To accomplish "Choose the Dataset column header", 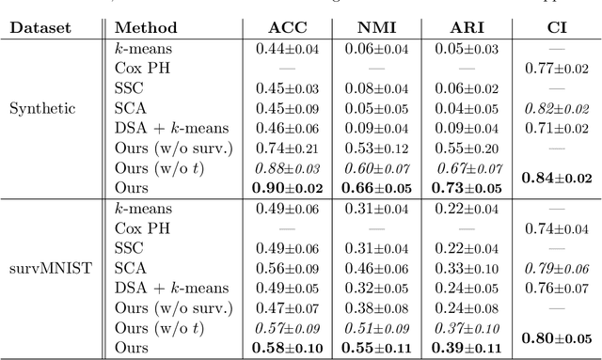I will click(x=41, y=28).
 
